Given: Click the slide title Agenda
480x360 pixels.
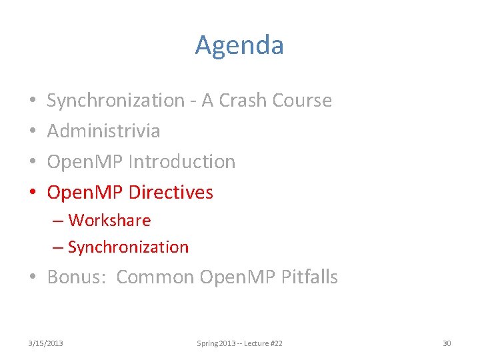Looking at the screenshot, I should click(239, 45).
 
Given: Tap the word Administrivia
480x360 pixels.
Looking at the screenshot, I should click(103, 131).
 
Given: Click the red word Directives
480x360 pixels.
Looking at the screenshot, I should click(171, 193).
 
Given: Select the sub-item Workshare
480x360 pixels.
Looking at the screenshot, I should click(109, 221).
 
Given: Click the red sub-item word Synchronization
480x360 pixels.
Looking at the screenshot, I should click(128, 247).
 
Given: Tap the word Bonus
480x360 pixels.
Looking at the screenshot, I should click(73, 277).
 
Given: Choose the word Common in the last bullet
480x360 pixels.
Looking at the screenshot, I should click(155, 277).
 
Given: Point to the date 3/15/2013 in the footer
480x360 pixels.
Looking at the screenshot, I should click(46, 343).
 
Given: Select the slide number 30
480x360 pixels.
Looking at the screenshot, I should click(447, 343).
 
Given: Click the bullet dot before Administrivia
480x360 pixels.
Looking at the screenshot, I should click(33, 131).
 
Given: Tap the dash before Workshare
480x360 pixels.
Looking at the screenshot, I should click(58, 221).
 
